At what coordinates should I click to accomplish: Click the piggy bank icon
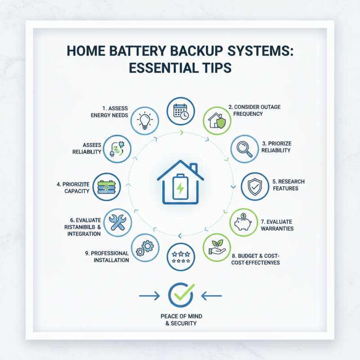click(x=244, y=222)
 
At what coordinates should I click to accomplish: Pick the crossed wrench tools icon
click(x=118, y=222)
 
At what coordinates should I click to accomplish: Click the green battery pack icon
click(x=107, y=186)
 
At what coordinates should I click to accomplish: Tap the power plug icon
click(x=117, y=148)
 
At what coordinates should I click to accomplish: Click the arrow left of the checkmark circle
click(x=149, y=296)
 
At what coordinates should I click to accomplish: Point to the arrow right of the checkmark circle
click(x=211, y=296)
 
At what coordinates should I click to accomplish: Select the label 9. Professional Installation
click(x=107, y=256)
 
